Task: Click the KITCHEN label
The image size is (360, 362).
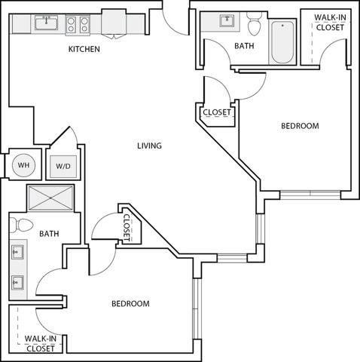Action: click(x=84, y=49)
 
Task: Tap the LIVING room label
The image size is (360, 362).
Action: click(x=149, y=146)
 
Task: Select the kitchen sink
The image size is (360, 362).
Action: click(x=46, y=23)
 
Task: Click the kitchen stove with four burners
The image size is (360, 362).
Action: click(x=78, y=25)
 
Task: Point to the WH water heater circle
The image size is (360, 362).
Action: click(x=24, y=165)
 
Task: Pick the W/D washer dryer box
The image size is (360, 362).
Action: click(x=63, y=167)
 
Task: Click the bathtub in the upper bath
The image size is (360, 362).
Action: click(x=282, y=42)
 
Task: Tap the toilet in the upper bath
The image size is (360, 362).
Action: click(x=255, y=23)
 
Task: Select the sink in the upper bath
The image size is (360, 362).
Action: click(x=227, y=20)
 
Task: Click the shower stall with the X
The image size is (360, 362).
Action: click(x=50, y=198)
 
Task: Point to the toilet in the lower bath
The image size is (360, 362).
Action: click(x=21, y=225)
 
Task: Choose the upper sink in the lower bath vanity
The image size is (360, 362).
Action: click(x=17, y=252)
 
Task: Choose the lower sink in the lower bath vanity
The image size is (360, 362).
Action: click(x=17, y=283)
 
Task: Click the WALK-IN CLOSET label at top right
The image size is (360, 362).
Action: click(x=330, y=23)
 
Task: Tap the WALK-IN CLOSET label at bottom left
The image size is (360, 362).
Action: click(x=41, y=344)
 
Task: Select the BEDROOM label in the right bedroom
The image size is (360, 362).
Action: click(x=300, y=126)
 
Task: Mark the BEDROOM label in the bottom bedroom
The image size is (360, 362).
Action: click(x=130, y=304)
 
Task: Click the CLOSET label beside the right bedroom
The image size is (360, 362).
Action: click(x=217, y=112)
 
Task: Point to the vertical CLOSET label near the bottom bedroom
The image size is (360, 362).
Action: click(x=127, y=228)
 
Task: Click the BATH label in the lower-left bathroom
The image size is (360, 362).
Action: click(x=49, y=234)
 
